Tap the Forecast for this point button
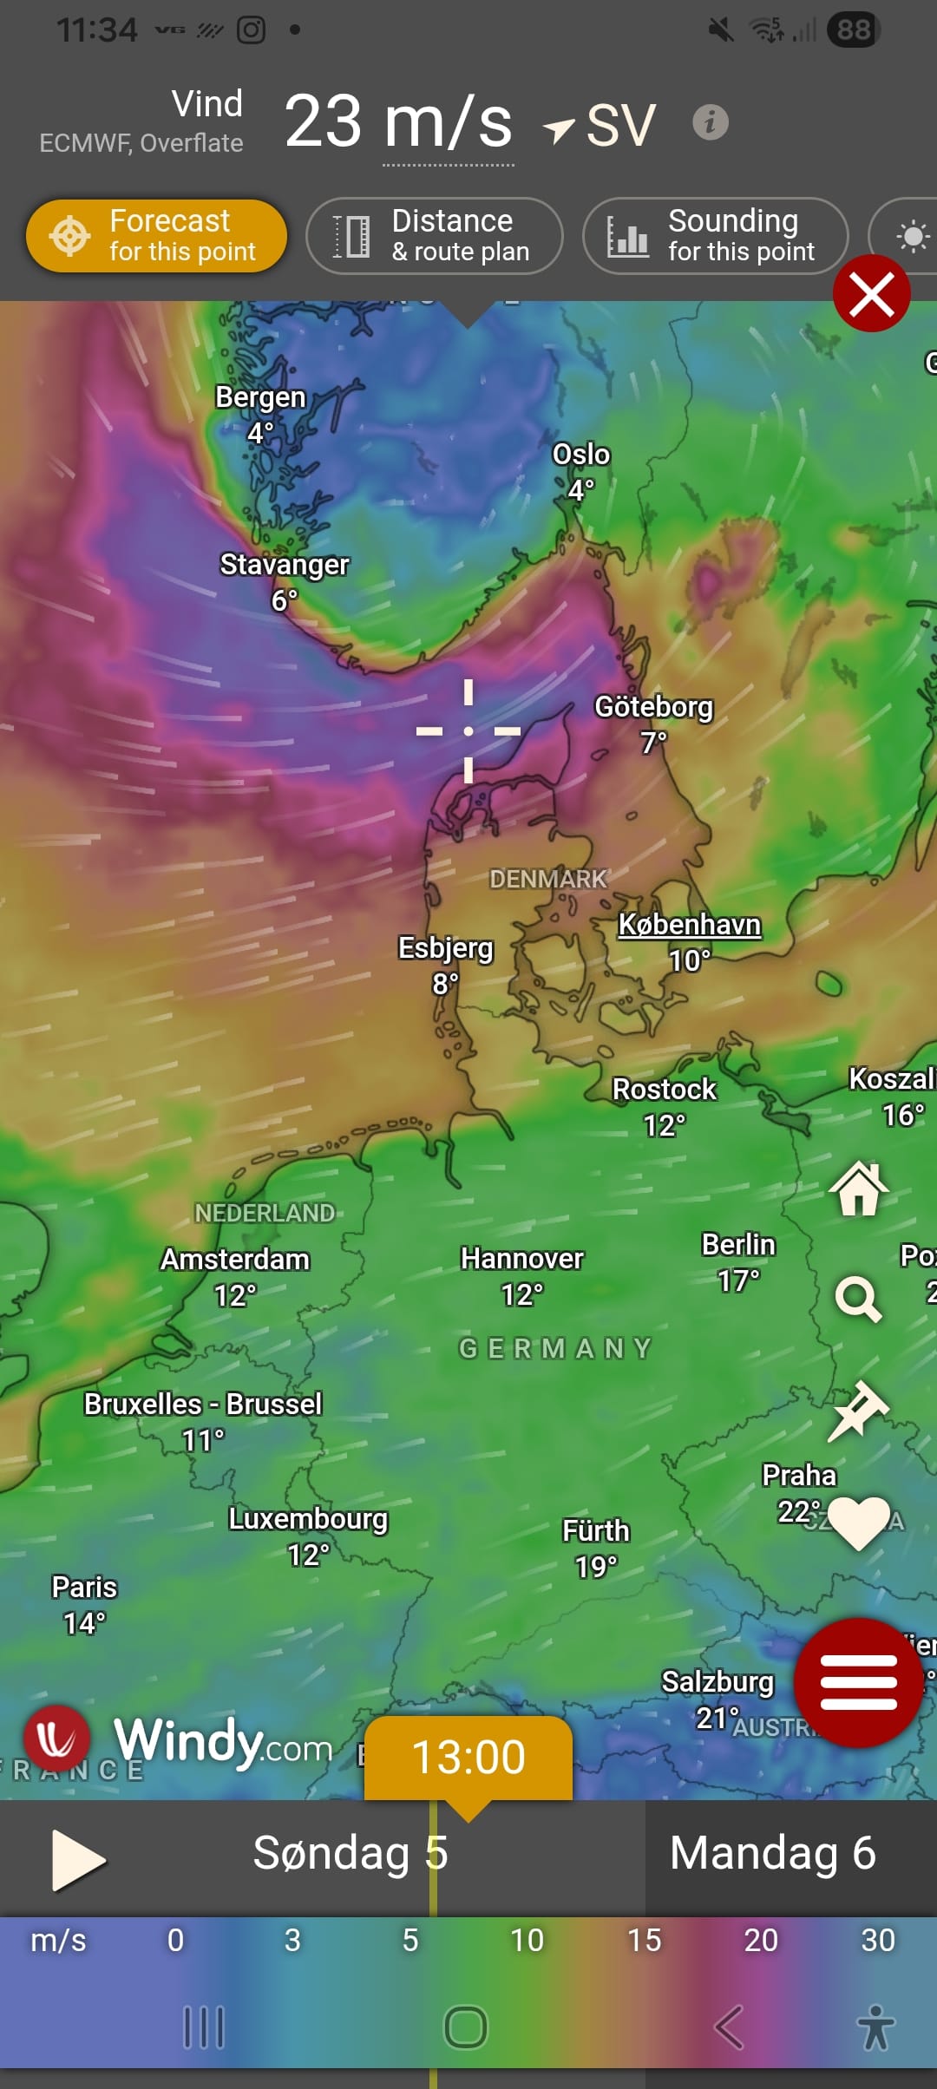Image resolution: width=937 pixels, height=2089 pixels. (x=156, y=236)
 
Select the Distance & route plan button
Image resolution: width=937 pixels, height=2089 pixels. (x=435, y=236)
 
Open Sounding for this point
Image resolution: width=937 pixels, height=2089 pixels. (x=715, y=236)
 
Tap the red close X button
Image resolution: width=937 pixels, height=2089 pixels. (x=871, y=294)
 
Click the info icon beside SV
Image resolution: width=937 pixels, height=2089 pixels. (x=710, y=122)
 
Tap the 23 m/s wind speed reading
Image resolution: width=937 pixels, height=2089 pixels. (x=398, y=122)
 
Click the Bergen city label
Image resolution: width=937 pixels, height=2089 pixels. (x=260, y=397)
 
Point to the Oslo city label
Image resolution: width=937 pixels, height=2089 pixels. (x=581, y=455)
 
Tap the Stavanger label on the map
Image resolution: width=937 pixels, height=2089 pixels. (x=285, y=565)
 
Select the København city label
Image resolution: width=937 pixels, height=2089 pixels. (x=689, y=925)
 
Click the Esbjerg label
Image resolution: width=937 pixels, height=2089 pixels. (x=445, y=948)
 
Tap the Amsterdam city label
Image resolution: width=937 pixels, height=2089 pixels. (x=235, y=1259)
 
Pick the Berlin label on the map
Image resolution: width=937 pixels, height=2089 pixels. (x=738, y=1245)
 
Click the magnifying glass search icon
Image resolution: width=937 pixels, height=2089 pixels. (x=858, y=1299)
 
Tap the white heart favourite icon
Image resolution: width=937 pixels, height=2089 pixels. (x=858, y=1522)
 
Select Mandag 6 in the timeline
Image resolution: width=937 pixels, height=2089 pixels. (x=772, y=1853)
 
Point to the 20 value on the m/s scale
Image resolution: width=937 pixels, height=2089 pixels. (x=761, y=1940)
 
